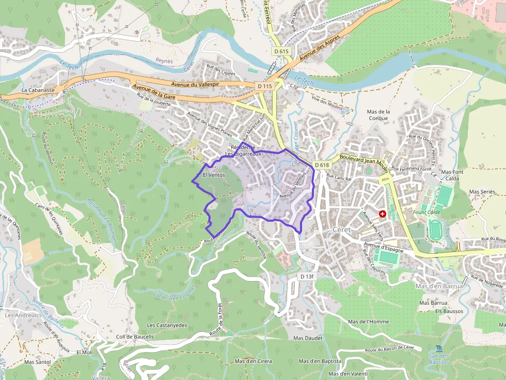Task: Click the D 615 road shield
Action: pyautogui.click(x=281, y=52)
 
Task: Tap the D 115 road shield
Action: pyautogui.click(x=264, y=86)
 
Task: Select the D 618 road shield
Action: pyautogui.click(x=321, y=165)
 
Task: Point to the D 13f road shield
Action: pyautogui.click(x=307, y=277)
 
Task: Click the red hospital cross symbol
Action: pyautogui.click(x=383, y=213)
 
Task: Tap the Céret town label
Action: pyautogui.click(x=342, y=229)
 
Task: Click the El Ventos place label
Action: pyautogui.click(x=214, y=175)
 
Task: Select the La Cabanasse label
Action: pyautogui.click(x=38, y=90)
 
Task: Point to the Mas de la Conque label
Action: pyautogui.click(x=378, y=114)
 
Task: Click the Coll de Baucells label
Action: pyautogui.click(x=135, y=337)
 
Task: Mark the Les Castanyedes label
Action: pyautogui.click(x=167, y=325)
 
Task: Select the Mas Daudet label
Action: pyautogui.click(x=308, y=338)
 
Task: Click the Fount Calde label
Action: pyautogui.click(x=426, y=212)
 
